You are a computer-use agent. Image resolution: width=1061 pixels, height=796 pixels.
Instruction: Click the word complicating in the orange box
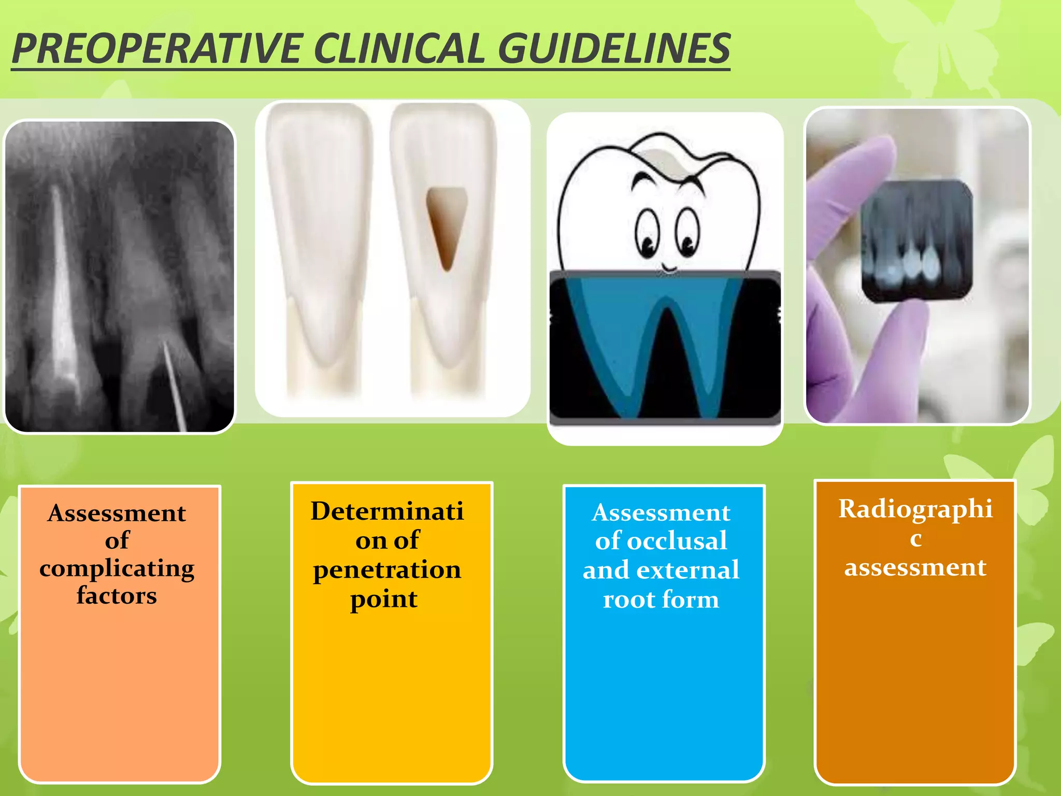tap(117, 568)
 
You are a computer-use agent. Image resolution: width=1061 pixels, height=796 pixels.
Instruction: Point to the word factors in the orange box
tap(117, 595)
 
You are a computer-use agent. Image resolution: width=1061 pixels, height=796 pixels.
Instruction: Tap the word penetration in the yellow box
tap(387, 570)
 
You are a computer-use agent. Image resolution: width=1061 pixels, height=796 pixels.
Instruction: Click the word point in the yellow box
tap(384, 599)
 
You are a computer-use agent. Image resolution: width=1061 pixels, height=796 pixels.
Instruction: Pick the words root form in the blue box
tap(661, 600)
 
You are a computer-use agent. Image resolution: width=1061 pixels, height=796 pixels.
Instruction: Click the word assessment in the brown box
tap(915, 567)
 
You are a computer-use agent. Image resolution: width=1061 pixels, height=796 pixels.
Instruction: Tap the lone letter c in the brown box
tap(916, 539)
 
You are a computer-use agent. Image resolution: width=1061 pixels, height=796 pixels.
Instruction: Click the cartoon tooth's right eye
tap(687, 233)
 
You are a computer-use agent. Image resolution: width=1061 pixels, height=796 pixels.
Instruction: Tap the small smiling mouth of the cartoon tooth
tap(669, 268)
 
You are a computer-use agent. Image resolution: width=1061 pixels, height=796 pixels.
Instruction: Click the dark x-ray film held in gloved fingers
tap(916, 241)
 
